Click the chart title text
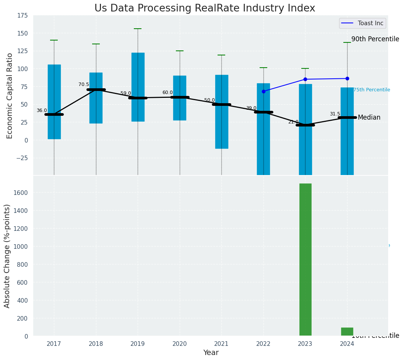pos(205,8)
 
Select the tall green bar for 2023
pos(305,259)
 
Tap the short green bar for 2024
pos(347,332)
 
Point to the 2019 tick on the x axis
pos(138,344)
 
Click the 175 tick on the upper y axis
pos(22,16)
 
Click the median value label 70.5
pos(84,85)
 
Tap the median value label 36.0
pos(42,111)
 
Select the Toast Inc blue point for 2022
pos(263,91)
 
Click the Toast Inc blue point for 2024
pos(347,78)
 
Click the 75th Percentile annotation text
pos(371,90)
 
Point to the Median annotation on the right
pos(369,118)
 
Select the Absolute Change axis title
pos(7,256)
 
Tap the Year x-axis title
pos(211,353)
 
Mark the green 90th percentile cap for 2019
pos(138,29)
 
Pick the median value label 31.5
pos(335,114)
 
